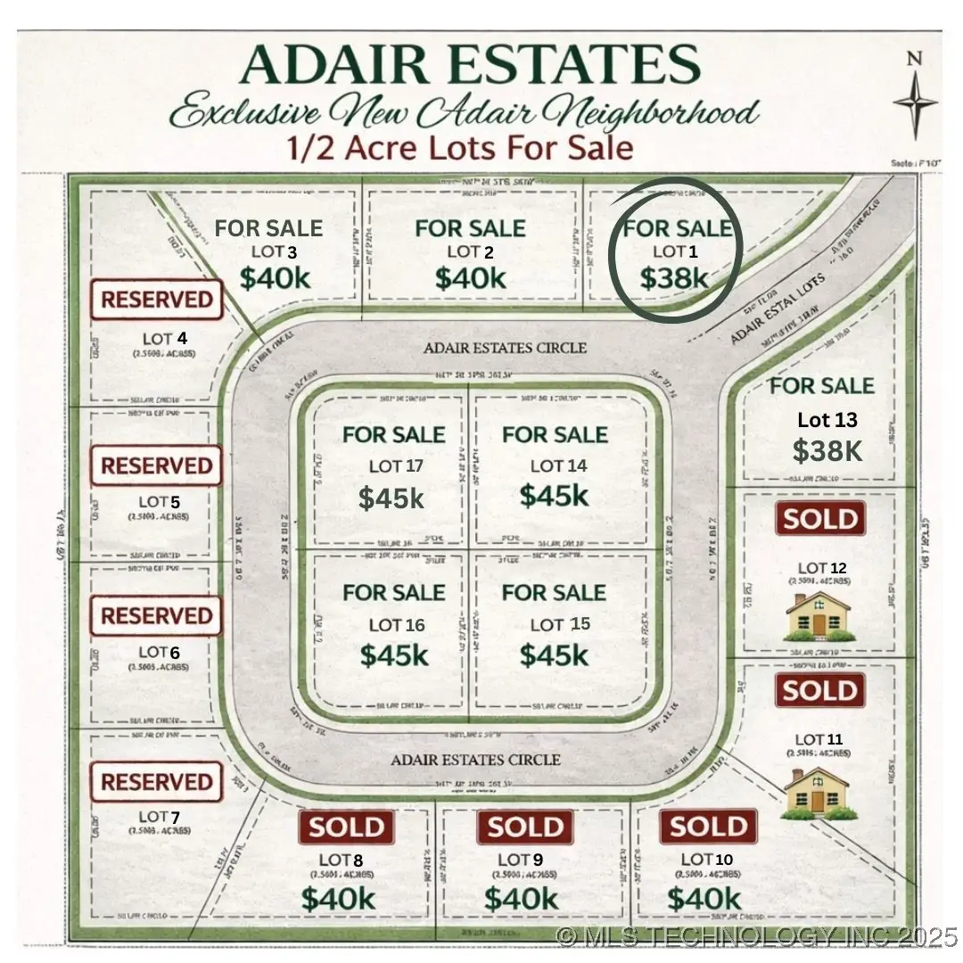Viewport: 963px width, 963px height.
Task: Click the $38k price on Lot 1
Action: [674, 278]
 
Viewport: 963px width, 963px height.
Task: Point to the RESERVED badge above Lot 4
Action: [156, 300]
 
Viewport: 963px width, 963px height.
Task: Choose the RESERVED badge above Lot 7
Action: [156, 782]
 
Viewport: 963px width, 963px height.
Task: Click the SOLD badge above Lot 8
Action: [347, 827]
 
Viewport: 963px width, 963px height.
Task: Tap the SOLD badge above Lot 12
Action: [820, 518]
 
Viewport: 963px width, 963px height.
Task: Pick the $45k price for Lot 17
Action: [391, 498]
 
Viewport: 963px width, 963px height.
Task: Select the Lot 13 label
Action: [827, 419]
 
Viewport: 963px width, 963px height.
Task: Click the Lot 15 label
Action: [560, 624]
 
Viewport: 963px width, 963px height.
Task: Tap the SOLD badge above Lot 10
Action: [708, 827]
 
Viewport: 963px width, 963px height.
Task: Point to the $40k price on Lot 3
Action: [275, 278]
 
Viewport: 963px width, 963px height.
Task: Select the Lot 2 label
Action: [470, 252]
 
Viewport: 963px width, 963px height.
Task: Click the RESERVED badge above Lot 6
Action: [156, 616]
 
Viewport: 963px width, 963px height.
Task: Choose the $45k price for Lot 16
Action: [394, 655]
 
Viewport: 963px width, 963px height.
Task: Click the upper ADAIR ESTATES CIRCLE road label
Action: [506, 348]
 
